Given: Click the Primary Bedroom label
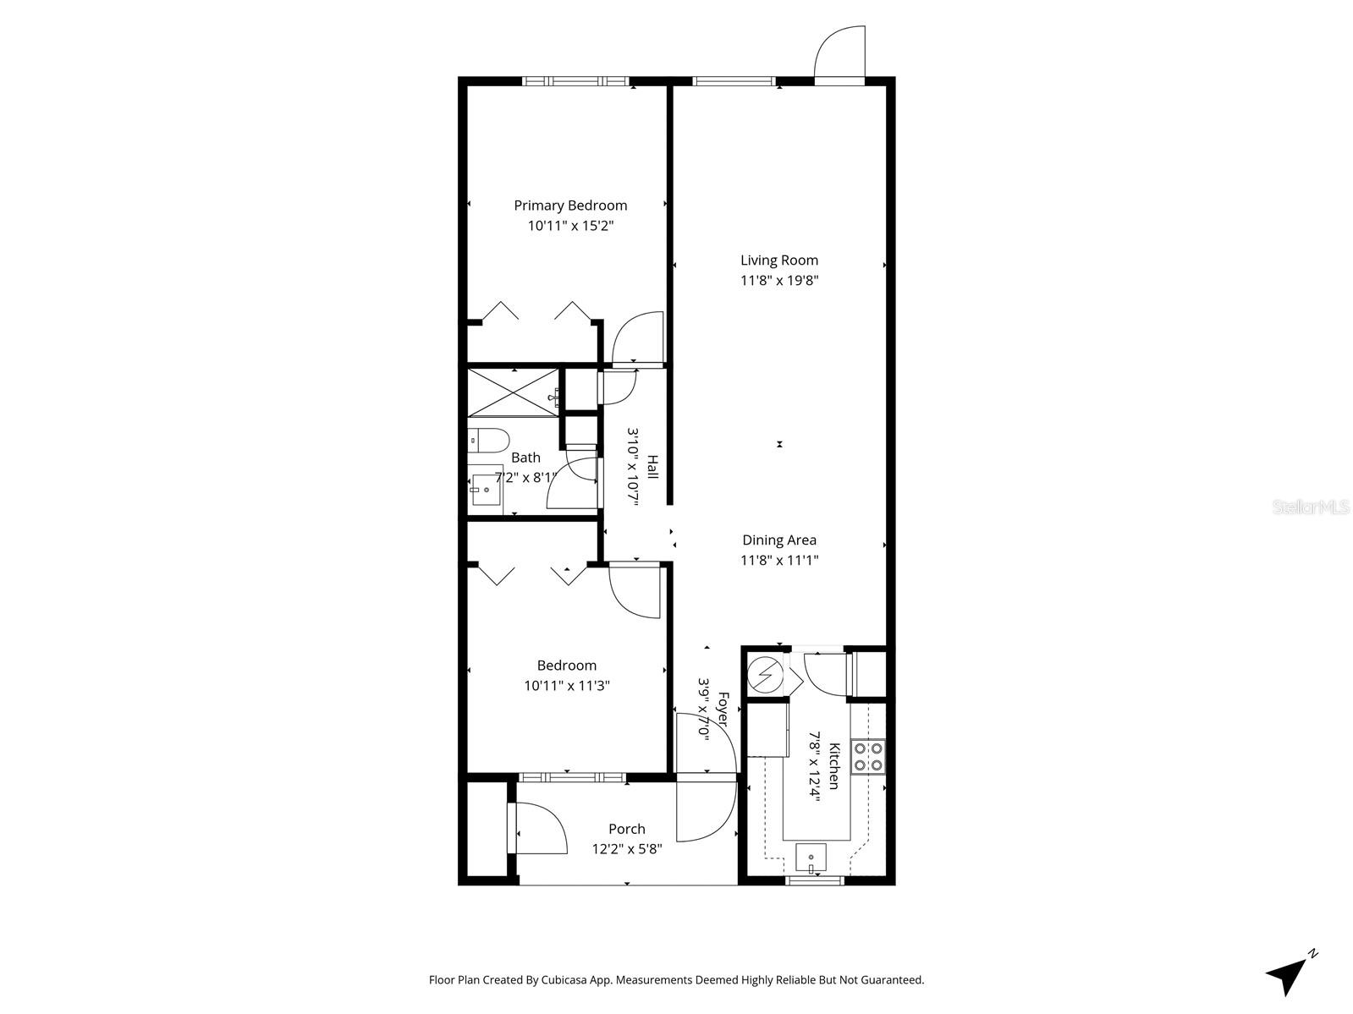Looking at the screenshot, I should [x=570, y=206].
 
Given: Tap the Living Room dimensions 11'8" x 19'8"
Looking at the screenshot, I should [x=779, y=281].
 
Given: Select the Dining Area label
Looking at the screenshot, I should [x=779, y=540].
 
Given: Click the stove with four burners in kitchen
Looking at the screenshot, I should [x=868, y=757].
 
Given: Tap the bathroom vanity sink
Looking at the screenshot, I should [x=486, y=490].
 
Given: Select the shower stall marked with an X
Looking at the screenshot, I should [x=514, y=392].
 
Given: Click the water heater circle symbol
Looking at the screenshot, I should [x=767, y=675].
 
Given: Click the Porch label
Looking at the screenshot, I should [x=626, y=830].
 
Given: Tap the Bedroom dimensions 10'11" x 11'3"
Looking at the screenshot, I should [x=566, y=686].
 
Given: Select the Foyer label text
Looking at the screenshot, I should [x=723, y=710].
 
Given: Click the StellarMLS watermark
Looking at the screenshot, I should [x=1311, y=507].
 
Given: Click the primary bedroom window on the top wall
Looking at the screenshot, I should [x=575, y=81].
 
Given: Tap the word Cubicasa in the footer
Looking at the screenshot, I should [x=581, y=980].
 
